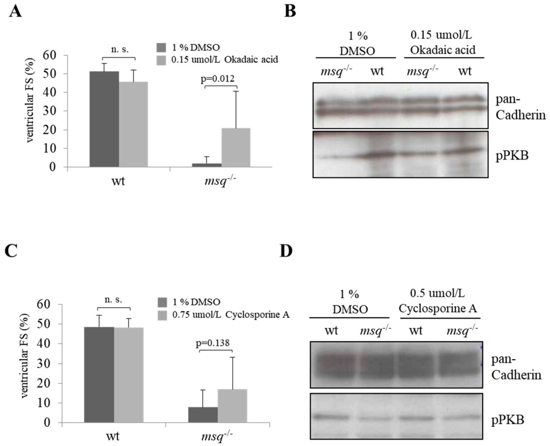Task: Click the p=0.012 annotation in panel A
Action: [x=218, y=79]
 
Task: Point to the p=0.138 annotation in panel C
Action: [x=213, y=343]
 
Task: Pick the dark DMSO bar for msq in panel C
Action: [x=203, y=415]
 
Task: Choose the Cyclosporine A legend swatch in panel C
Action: [x=162, y=315]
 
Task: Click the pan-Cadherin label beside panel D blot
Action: [x=516, y=367]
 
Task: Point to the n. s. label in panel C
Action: [x=113, y=300]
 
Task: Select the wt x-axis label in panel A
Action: [x=118, y=181]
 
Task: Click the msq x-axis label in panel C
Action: [x=217, y=436]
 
